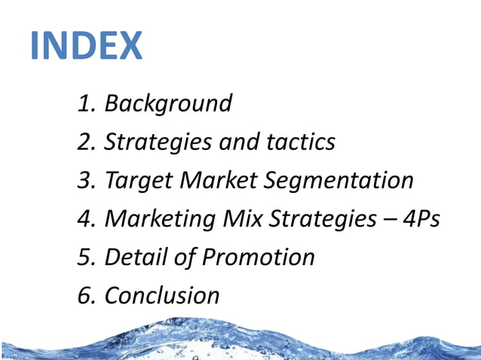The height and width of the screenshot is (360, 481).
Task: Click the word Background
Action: point(167,103)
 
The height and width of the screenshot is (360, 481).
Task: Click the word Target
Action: point(136,180)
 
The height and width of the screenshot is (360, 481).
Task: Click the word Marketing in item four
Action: point(159,219)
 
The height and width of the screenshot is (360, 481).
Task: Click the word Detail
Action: point(135,257)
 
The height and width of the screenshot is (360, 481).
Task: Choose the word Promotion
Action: point(259,257)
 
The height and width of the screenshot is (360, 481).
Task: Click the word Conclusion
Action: point(161,295)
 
